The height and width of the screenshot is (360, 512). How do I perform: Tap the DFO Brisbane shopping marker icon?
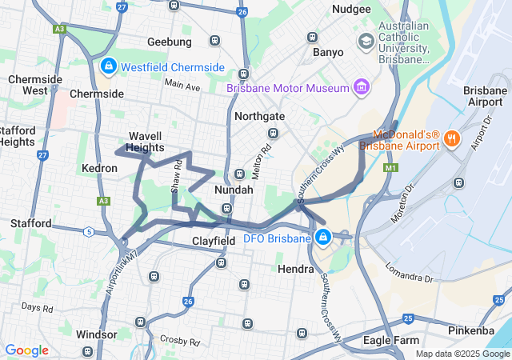[x=323, y=237]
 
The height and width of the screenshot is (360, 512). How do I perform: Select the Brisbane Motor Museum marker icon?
[x=361, y=86]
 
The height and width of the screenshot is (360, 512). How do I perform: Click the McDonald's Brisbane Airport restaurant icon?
[x=451, y=138]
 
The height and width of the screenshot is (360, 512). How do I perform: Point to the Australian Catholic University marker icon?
[x=366, y=40]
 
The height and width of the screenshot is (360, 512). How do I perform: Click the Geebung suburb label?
[x=170, y=42]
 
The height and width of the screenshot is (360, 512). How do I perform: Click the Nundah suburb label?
[x=234, y=190]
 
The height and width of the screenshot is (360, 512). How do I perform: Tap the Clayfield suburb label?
[x=214, y=240]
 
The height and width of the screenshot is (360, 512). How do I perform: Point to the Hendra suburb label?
[x=295, y=269]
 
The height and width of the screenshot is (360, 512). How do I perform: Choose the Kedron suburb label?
[x=100, y=169]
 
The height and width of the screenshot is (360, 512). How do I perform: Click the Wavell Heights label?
[x=146, y=142]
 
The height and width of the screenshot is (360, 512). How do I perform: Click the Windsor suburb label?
[x=96, y=334]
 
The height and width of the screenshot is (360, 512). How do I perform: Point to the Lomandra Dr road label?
[x=409, y=273]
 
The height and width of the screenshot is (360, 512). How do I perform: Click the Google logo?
[x=26, y=350]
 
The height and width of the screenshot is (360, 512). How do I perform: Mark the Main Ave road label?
[x=182, y=86]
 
